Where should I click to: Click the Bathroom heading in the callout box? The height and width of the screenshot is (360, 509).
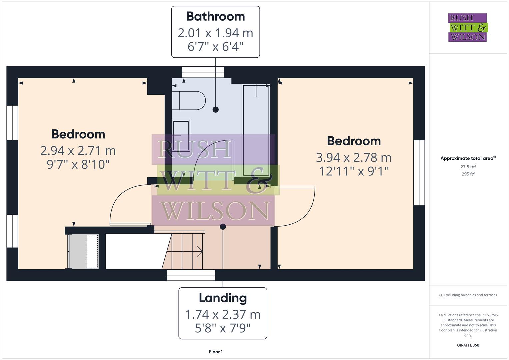tap(215, 16)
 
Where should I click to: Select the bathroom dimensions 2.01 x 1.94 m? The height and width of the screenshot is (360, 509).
tap(215, 33)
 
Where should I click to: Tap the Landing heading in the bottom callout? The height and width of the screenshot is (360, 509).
tap(223, 298)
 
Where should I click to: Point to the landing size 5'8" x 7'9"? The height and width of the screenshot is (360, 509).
tap(223, 328)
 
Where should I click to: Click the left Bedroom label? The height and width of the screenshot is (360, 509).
tap(78, 134)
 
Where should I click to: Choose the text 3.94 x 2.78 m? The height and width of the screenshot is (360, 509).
tap(354, 157)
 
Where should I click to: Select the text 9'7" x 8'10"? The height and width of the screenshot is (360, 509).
tap(78, 164)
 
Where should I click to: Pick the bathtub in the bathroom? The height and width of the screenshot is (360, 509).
tap(256, 130)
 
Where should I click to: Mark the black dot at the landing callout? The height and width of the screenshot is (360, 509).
tap(223, 227)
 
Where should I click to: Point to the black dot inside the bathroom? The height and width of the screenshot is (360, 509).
tap(216, 109)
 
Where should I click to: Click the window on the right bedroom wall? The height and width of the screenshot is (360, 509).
tap(419, 173)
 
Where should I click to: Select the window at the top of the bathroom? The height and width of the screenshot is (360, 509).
tap(203, 72)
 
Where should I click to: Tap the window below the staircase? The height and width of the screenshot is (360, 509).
tap(191, 275)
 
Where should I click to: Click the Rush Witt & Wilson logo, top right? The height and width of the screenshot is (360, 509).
tap(467, 28)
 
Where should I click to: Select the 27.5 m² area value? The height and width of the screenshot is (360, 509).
tap(468, 167)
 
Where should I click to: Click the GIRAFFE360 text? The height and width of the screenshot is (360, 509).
tap(468, 345)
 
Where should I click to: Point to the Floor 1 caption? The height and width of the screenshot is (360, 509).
tap(216, 352)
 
